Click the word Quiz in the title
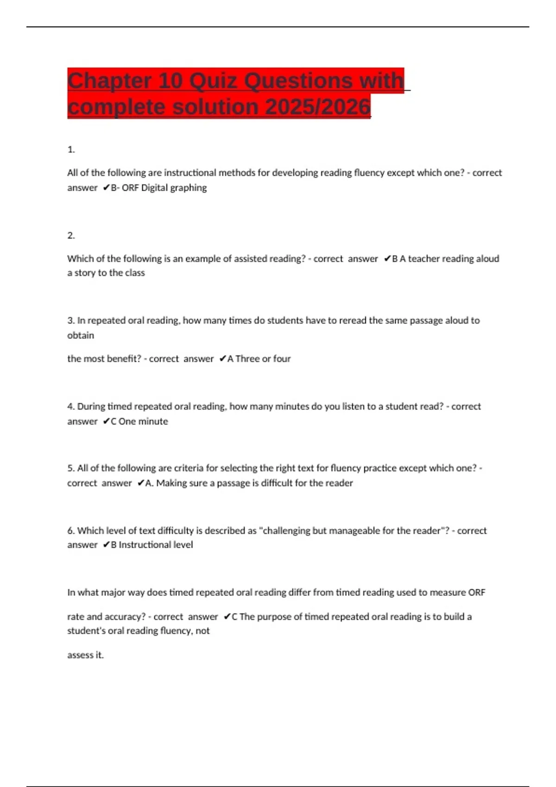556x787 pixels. click(214, 81)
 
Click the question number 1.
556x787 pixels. click(71, 150)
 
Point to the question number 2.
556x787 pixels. click(71, 236)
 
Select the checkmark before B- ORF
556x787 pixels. click(106, 187)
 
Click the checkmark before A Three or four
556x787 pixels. click(222, 358)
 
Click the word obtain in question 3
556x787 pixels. click(81, 335)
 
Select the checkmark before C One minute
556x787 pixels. click(106, 421)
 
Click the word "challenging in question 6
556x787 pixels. click(284, 531)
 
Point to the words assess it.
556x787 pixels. click(85, 655)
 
